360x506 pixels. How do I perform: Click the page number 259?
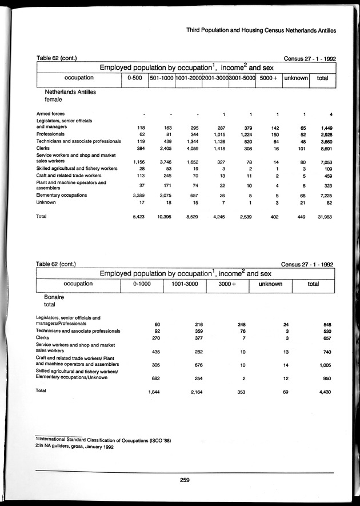point(184,479)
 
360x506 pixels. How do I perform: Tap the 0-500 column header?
point(134,78)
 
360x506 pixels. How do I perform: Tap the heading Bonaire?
point(54,298)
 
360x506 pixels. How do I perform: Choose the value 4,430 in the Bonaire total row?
point(323,392)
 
